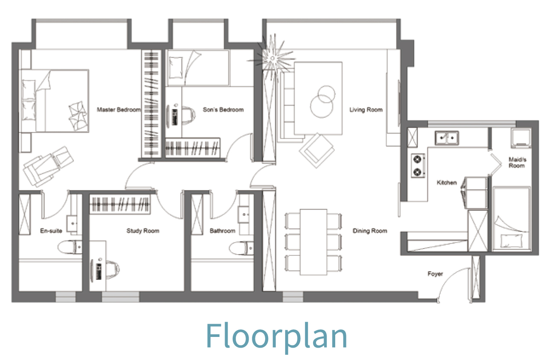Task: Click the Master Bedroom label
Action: (x=119, y=110)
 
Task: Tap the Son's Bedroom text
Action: (x=223, y=110)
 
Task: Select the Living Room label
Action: (x=366, y=110)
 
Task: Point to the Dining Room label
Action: (x=370, y=231)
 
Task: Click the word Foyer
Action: (x=435, y=274)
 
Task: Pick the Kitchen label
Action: (x=447, y=183)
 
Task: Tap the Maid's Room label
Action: (x=517, y=163)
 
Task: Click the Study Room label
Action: (x=143, y=231)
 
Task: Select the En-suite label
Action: (x=51, y=231)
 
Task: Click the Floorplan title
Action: (x=276, y=336)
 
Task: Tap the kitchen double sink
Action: (x=447, y=138)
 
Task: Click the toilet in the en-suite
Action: (x=70, y=247)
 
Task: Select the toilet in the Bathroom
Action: (x=241, y=248)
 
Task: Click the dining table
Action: (x=313, y=242)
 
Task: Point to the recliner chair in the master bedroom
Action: (x=48, y=167)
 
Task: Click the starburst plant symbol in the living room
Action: (x=272, y=59)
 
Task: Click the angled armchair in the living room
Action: (x=317, y=150)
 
